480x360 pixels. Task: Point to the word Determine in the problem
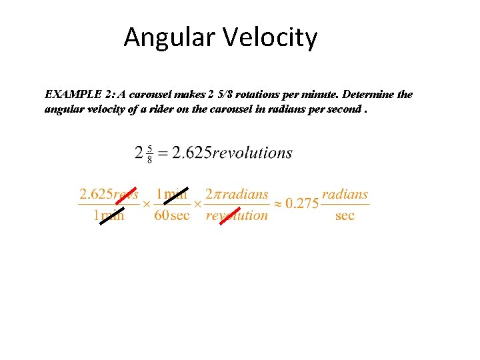click(x=368, y=95)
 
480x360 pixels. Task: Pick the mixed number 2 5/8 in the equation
click(x=143, y=153)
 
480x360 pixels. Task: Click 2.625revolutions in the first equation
click(x=232, y=153)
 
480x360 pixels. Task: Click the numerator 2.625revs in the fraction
click(x=109, y=195)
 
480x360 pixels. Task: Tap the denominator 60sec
click(x=172, y=215)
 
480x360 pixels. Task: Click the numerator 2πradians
click(x=237, y=195)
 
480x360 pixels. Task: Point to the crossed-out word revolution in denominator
click(x=237, y=215)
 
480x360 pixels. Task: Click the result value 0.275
click(x=302, y=203)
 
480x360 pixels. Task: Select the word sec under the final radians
click(x=345, y=215)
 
